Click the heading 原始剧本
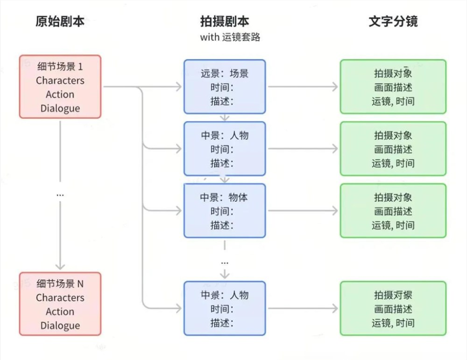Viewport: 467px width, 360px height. point(60,22)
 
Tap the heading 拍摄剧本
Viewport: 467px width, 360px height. point(224,22)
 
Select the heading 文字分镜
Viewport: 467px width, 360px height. point(393,22)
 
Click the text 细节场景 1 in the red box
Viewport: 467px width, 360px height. point(60,66)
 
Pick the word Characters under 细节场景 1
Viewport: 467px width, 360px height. point(60,80)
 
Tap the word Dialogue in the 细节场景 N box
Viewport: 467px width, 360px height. point(60,326)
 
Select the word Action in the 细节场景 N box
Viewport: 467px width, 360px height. point(60,312)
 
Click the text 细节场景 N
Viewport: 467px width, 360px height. point(60,284)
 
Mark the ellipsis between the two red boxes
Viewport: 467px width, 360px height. point(60,195)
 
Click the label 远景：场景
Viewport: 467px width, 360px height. point(224,74)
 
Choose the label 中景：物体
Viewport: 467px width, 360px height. point(224,197)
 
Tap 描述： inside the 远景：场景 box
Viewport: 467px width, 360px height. point(222,101)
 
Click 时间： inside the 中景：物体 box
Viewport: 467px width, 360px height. point(222,211)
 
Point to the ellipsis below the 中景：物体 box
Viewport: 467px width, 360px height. point(224,262)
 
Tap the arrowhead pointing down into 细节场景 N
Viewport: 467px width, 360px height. point(60,267)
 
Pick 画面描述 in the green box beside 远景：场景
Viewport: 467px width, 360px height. point(393,87)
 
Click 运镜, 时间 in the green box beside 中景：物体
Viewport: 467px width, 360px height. point(393,225)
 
